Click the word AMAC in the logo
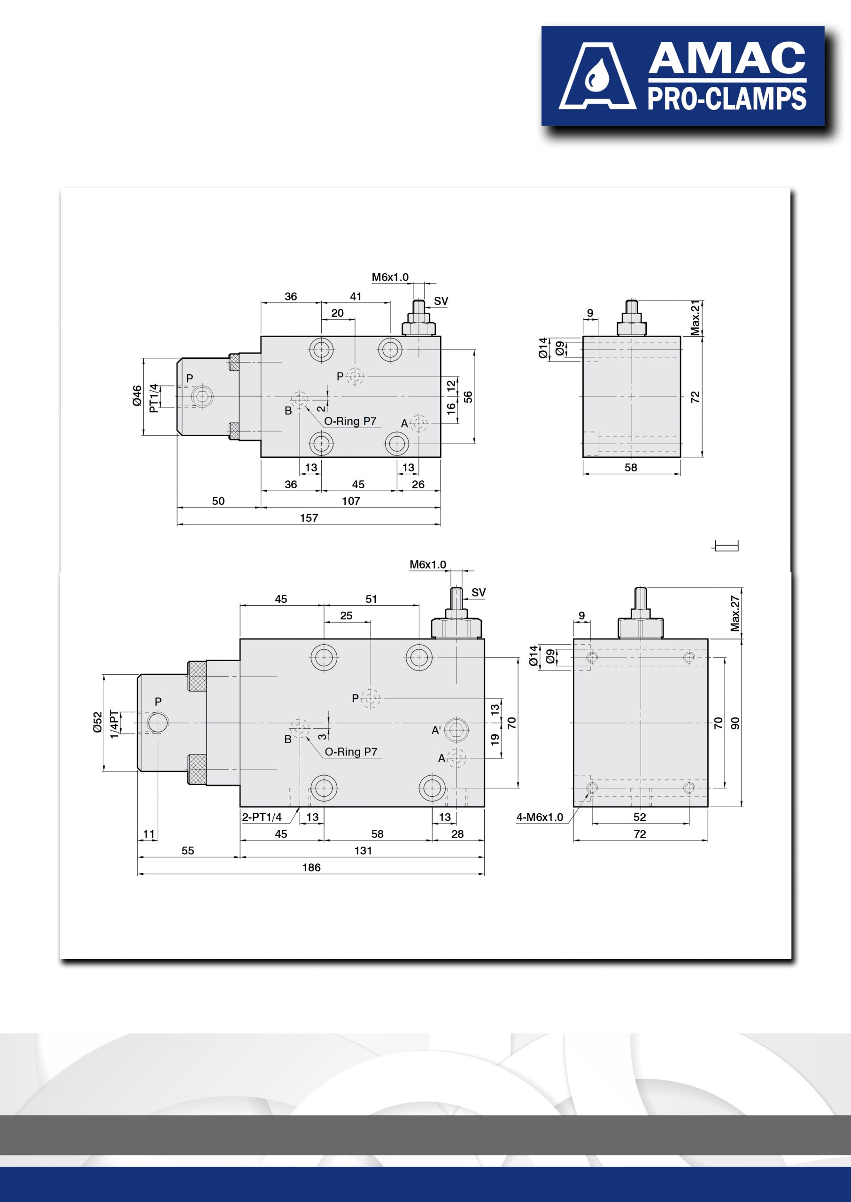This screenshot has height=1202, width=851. pos(727,59)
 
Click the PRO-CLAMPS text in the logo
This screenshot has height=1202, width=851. pos(727,99)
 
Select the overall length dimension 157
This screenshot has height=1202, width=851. pos(309,518)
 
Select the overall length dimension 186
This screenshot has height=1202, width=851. pos(311,867)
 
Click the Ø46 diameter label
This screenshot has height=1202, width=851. pos(137,395)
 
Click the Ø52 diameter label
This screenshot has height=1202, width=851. pos(98,722)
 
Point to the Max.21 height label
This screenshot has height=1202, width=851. pos(695,318)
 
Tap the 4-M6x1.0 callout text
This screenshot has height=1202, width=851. pos(540,817)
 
